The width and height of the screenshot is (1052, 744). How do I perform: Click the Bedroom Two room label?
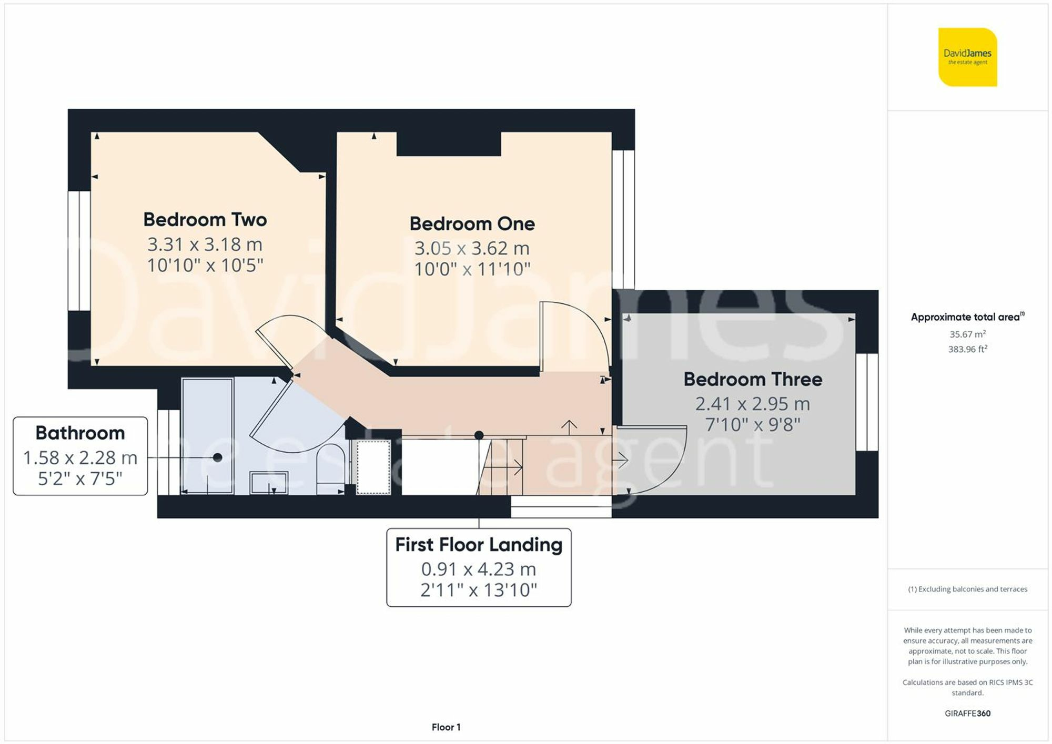tap(205, 220)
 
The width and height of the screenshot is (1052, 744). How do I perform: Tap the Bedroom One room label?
tap(472, 224)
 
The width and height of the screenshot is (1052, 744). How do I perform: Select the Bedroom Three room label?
tap(752, 380)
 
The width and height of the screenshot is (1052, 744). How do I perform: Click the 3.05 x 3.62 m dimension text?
tap(472, 248)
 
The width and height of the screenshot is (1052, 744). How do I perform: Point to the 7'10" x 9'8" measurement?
tap(752, 425)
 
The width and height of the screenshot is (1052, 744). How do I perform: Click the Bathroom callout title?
tap(80, 433)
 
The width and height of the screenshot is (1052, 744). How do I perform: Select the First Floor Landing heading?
tap(479, 545)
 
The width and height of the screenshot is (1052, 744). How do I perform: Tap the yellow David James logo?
tap(967, 57)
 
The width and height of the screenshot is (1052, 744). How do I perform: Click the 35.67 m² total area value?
tap(967, 334)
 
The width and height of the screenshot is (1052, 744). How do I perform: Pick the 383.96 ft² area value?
tap(967, 349)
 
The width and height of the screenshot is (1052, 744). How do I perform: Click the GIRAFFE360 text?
tap(967, 714)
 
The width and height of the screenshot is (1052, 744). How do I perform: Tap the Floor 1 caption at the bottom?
tap(446, 727)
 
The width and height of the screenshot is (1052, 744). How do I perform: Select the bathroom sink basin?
tap(269, 482)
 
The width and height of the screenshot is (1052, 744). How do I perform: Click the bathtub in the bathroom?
tap(207, 436)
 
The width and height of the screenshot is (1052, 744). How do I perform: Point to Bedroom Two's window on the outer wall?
tap(79, 250)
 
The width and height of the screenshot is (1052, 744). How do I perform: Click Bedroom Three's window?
tap(866, 402)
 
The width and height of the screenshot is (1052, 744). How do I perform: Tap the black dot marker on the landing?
tap(479, 435)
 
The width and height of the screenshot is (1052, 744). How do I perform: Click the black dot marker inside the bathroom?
tap(217, 457)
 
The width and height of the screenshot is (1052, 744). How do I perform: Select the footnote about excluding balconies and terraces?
tap(967, 589)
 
